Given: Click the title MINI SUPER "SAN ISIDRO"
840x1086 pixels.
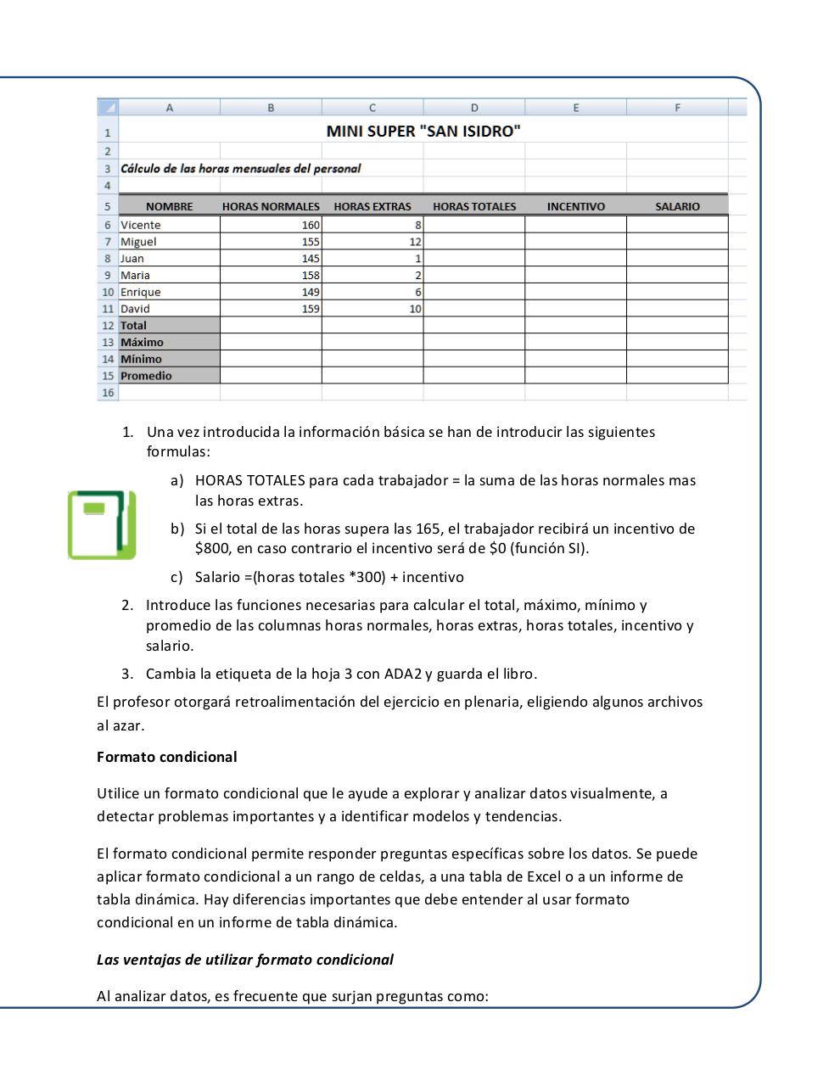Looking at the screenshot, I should coord(423,131).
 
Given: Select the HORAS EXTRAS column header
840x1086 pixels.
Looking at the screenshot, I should coord(372,206).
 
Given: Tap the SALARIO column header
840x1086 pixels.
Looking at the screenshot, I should coord(677,206).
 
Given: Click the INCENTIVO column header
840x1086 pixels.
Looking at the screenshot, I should coord(575,206).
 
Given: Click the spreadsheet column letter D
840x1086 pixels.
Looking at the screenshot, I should coord(473,108).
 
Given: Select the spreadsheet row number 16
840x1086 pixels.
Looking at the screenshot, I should coord(108,393).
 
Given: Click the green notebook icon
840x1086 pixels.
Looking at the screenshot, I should coord(102,524).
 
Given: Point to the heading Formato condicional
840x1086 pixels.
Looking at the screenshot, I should coord(167,757).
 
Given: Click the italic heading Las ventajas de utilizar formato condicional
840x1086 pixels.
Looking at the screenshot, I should coord(245,960).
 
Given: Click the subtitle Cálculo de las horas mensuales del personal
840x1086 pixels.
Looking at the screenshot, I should coord(241,168).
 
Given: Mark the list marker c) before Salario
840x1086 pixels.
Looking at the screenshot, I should coord(176,578).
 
